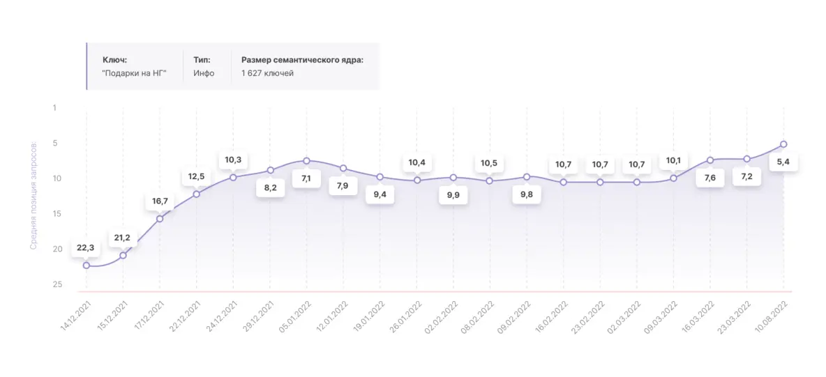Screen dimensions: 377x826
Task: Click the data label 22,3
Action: click(x=86, y=249)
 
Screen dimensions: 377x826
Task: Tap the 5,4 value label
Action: click(x=783, y=162)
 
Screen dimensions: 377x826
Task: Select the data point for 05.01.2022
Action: click(x=306, y=161)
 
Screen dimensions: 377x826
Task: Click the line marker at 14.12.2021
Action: click(x=87, y=265)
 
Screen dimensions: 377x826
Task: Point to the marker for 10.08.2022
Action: click(x=783, y=144)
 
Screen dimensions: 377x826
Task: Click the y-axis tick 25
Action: click(x=57, y=284)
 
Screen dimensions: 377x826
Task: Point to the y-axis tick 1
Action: click(x=55, y=108)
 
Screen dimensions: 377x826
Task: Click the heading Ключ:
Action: click(x=114, y=60)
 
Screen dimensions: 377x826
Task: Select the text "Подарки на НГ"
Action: click(x=135, y=73)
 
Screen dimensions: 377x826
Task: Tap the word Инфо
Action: click(x=204, y=73)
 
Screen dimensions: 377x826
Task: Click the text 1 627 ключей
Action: click(x=267, y=73)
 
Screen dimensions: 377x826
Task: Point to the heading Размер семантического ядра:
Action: click(x=302, y=60)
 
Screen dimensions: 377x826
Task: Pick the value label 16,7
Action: click(x=160, y=201)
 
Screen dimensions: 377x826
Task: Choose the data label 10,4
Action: click(x=416, y=162)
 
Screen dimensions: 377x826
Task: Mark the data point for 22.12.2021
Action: click(x=197, y=194)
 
